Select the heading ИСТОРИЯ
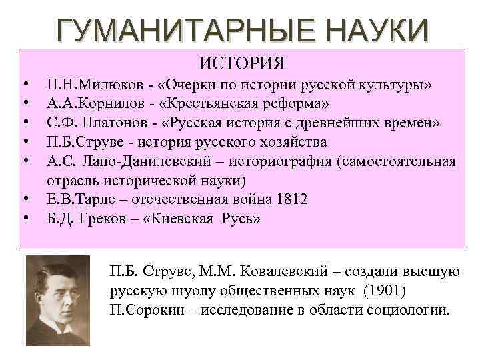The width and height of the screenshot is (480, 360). [242, 64]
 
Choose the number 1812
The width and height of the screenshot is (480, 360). [293, 199]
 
